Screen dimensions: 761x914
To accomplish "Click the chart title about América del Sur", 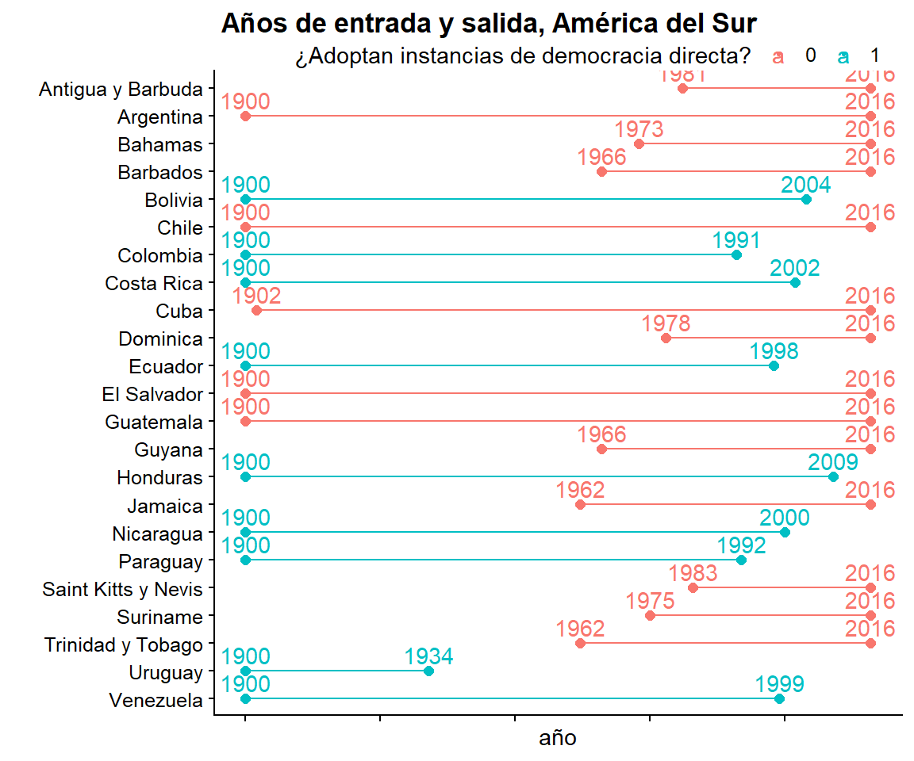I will click(488, 24).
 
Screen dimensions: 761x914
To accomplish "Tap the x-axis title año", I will click(558, 739).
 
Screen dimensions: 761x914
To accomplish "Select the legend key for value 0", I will click(779, 56).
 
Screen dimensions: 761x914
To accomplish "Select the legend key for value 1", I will click(843, 56).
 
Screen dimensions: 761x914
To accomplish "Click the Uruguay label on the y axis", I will click(166, 673).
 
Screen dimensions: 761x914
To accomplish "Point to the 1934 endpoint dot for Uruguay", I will click(429, 671).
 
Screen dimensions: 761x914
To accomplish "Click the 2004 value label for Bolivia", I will click(806, 185).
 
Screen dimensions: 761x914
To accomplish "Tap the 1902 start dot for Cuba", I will click(256, 311).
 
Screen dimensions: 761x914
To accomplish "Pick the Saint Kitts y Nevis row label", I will click(123, 590).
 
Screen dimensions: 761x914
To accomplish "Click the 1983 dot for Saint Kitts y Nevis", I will click(693, 588).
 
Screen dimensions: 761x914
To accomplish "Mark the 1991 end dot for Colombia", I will click(736, 255).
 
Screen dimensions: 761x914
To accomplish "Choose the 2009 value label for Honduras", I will click(833, 462).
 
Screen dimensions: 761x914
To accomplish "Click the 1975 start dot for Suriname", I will click(651, 616).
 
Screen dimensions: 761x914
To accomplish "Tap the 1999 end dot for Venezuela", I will click(779, 699).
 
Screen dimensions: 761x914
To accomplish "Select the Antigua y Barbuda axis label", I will click(121, 90).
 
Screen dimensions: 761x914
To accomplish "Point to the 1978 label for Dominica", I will click(666, 323).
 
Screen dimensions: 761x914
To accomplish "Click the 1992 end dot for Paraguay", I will click(742, 560).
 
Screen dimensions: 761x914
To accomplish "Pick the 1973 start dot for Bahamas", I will click(639, 144).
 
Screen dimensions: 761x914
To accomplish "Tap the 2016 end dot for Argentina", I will click(870, 117).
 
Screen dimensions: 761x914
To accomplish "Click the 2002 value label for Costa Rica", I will click(795, 268).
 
